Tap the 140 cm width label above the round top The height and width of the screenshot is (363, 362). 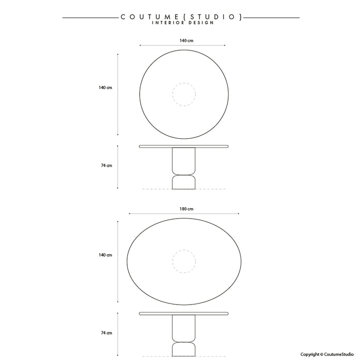(x=183, y=40)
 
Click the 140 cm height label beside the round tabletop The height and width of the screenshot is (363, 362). (x=105, y=88)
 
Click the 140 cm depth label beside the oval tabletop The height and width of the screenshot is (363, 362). (x=105, y=255)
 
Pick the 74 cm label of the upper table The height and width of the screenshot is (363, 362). (x=107, y=166)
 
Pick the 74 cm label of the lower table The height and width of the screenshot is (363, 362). (x=107, y=333)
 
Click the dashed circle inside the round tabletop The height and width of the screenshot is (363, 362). (x=184, y=95)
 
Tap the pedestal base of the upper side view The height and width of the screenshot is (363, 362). (x=184, y=168)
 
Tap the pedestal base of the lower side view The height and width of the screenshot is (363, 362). (x=184, y=336)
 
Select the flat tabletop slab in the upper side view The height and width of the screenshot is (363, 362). (x=184, y=147)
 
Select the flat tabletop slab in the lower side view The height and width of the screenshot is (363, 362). (x=184, y=314)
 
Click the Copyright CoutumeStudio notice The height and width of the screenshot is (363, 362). (x=327, y=354)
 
